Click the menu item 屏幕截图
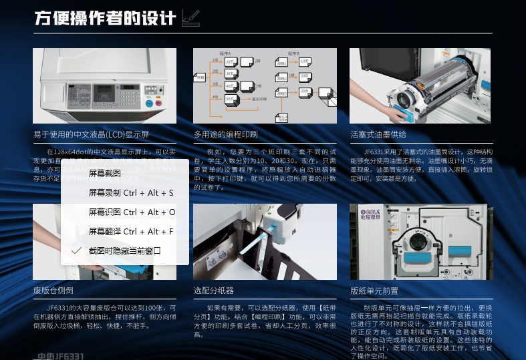(x=104, y=173)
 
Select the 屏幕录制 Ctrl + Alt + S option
(x=131, y=192)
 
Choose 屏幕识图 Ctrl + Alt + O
(x=132, y=212)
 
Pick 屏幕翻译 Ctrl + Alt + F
(x=131, y=231)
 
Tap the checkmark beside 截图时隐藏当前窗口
(x=76, y=250)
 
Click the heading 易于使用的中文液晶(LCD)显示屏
(x=91, y=135)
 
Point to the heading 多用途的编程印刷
(x=225, y=135)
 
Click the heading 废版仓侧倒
(x=53, y=291)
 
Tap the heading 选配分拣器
(x=213, y=291)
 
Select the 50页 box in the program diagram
(x=231, y=100)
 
